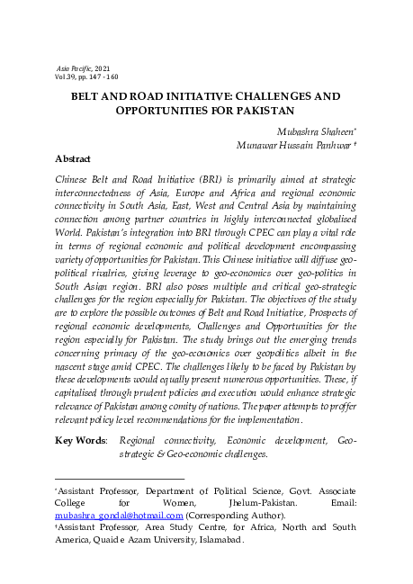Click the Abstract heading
(73, 159)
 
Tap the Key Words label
(81, 441)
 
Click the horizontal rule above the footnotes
(120, 479)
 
